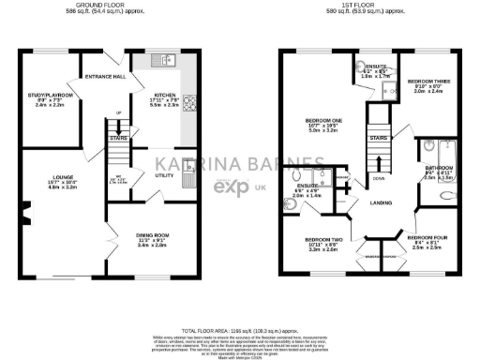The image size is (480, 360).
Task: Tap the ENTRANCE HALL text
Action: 106,77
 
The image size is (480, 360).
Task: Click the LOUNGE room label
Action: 47,159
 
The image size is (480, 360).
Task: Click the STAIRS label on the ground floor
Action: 118,137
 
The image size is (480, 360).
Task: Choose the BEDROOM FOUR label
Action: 427,238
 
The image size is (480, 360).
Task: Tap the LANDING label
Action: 381,202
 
